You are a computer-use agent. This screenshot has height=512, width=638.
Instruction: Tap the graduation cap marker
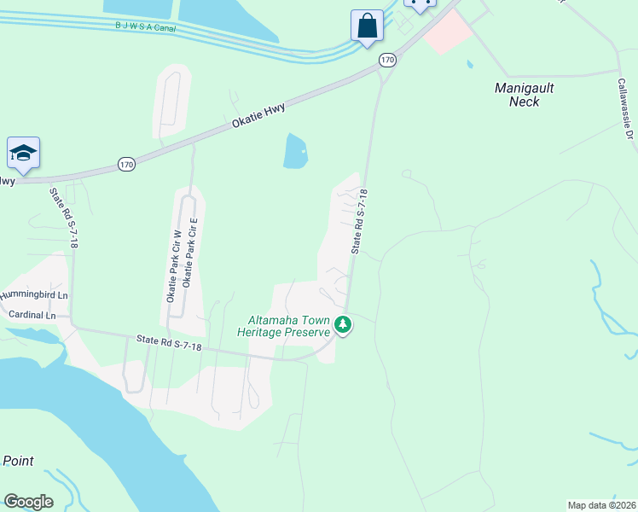pyautogui.click(x=23, y=153)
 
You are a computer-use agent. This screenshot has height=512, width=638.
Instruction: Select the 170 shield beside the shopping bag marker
pyautogui.click(x=388, y=60)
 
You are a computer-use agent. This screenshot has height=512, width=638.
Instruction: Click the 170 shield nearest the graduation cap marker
pyautogui.click(x=126, y=165)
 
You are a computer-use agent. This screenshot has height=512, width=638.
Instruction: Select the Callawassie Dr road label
pyautogui.click(x=627, y=111)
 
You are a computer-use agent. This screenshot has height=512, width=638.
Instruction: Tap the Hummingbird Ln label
pyautogui.click(x=33, y=295)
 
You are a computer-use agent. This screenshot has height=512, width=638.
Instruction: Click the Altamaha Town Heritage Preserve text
pyautogui.click(x=283, y=326)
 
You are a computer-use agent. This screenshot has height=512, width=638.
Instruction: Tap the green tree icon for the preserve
pyautogui.click(x=343, y=324)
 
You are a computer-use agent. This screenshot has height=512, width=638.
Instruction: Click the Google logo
pyautogui.click(x=28, y=502)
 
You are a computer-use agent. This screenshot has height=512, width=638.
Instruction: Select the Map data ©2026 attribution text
pyautogui.click(x=601, y=505)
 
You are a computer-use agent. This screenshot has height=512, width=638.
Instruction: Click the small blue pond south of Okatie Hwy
pyautogui.click(x=295, y=152)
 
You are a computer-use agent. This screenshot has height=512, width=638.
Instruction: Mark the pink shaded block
pyautogui.click(x=448, y=32)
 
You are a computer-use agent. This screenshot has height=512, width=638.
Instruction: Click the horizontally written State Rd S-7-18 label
pyautogui.click(x=169, y=345)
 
